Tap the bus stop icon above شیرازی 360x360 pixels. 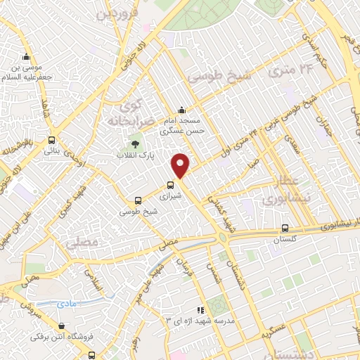click(x=170, y=186)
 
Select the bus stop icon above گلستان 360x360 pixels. click(x=285, y=228)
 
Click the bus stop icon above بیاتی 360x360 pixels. click(x=51, y=139)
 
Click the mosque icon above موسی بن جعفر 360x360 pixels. click(x=26, y=57)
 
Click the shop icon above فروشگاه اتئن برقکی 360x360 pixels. click(x=64, y=326)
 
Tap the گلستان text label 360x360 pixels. click(x=285, y=239)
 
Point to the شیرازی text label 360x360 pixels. click(x=170, y=198)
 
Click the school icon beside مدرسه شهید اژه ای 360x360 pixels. click(x=200, y=309)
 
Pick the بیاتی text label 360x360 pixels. click(x=51, y=150)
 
